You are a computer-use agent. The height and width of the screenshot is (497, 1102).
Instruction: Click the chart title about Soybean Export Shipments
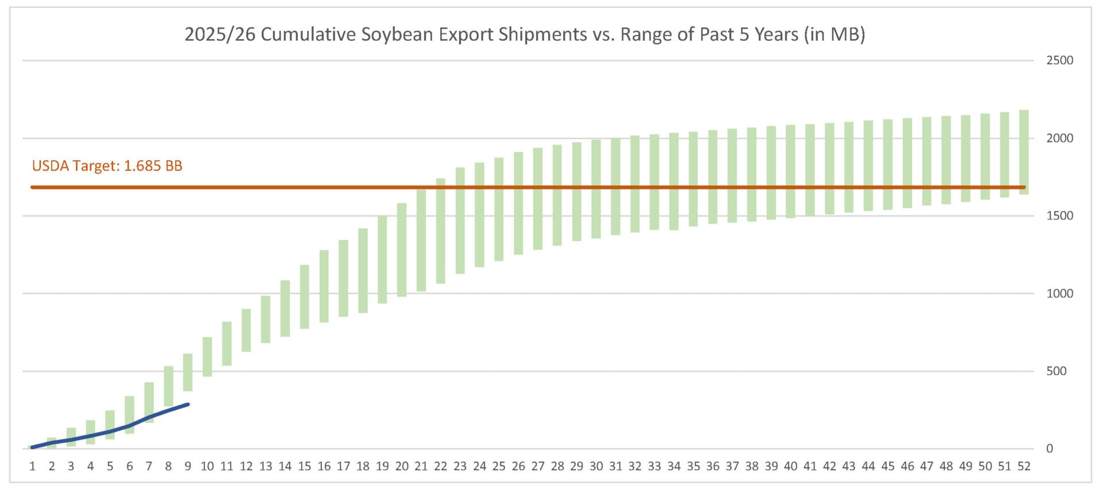(x=524, y=34)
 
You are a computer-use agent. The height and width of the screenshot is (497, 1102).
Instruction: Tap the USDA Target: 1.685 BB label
(x=107, y=166)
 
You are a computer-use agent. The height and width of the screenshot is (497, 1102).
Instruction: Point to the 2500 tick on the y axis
(x=1059, y=60)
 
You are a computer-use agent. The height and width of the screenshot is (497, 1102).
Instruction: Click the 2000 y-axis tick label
(x=1059, y=138)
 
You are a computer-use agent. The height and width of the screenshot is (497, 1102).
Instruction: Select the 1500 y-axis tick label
(x=1059, y=215)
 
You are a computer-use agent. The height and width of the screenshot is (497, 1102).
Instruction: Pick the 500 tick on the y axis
(x=1056, y=371)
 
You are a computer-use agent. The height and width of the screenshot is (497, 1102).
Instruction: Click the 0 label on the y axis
(x=1049, y=449)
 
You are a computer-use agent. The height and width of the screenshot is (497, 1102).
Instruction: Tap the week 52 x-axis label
(x=1023, y=467)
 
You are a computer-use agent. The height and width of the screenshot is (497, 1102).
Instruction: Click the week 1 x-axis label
(x=32, y=467)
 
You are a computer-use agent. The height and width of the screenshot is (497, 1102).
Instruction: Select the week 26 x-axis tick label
(x=518, y=467)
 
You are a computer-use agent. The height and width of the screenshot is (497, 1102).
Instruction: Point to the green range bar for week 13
(x=266, y=319)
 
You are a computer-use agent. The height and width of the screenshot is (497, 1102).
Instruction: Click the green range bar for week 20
(x=402, y=250)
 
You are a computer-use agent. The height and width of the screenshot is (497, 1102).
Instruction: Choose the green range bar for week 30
(x=596, y=189)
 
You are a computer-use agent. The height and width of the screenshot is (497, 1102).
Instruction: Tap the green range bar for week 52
(x=1023, y=152)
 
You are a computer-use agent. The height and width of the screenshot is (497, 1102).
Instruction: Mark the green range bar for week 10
(x=207, y=357)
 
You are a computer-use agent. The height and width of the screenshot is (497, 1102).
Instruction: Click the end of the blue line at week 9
(x=188, y=404)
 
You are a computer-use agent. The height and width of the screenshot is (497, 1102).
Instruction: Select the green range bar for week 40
(x=790, y=171)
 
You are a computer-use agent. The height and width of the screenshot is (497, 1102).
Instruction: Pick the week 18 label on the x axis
(x=363, y=467)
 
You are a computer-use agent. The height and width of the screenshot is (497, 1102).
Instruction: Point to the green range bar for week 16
(x=324, y=286)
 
